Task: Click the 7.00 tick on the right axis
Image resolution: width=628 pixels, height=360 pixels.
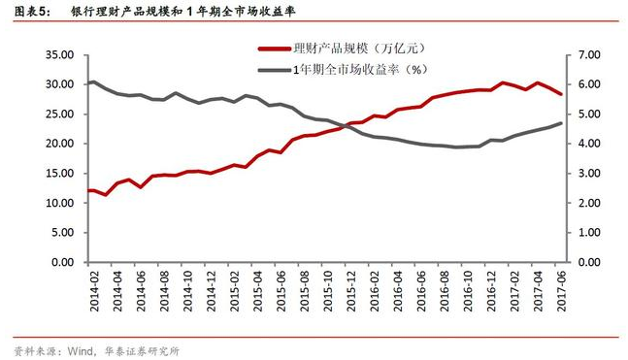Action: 590,55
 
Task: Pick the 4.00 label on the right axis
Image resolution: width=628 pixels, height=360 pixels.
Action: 590,144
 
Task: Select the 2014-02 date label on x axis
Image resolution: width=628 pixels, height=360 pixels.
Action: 92,287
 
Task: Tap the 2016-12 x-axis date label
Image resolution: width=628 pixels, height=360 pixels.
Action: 490,287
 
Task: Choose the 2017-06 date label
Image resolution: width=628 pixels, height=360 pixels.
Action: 560,287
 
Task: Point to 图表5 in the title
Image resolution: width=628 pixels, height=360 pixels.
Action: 31,13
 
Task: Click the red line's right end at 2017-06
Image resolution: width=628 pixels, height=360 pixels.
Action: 560,93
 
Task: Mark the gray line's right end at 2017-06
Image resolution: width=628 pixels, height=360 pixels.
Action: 560,123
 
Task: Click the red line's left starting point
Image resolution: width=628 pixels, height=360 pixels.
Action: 89,190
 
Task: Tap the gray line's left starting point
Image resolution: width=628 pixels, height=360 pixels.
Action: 89,83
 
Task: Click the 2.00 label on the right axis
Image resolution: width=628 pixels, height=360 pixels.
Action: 590,203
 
